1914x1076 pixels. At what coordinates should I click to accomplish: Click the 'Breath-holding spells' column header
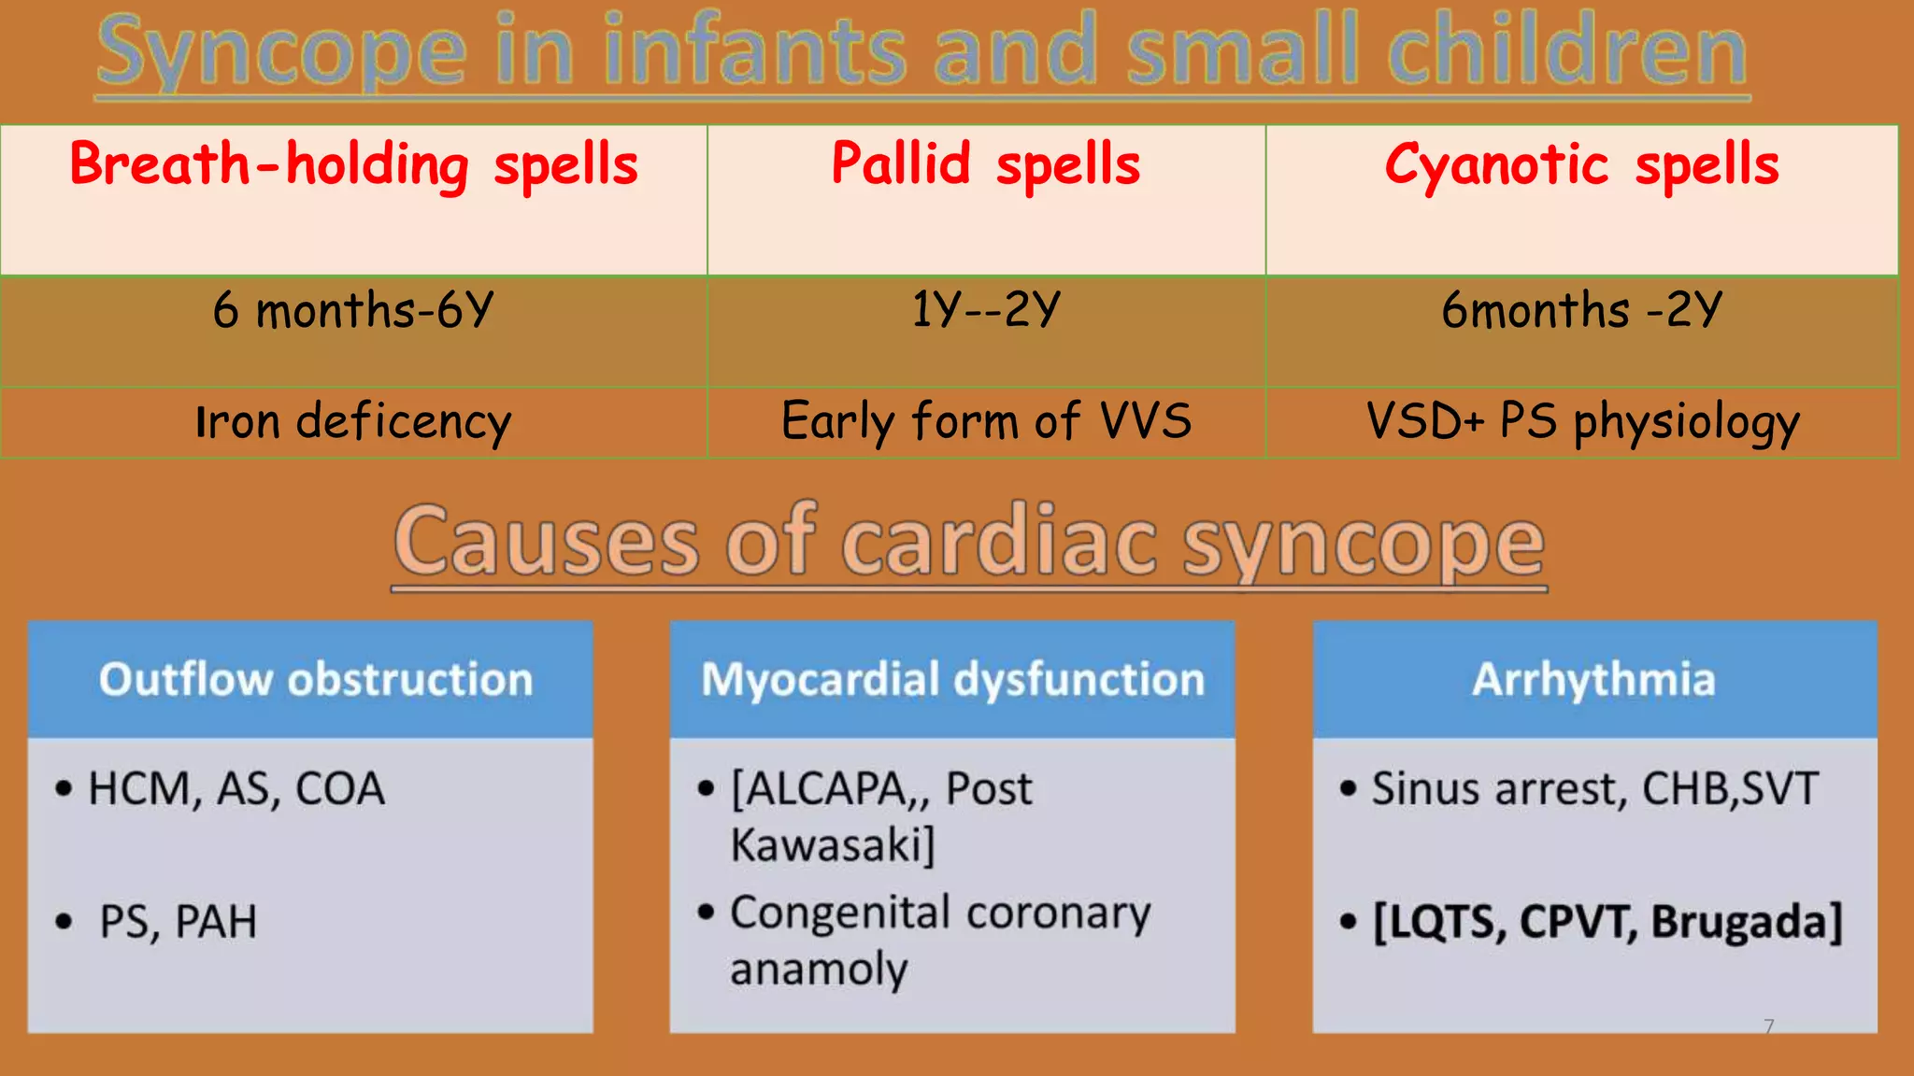point(353,165)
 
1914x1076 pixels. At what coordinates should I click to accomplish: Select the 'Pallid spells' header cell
point(986,165)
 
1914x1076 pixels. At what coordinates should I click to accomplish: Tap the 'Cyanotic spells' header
point(1581,165)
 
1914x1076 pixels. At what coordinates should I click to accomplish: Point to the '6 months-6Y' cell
point(353,310)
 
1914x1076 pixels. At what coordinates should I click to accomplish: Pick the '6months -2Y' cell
point(1581,310)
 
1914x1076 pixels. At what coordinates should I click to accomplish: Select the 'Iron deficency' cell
point(353,421)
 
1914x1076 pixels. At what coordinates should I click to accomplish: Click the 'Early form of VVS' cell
point(986,421)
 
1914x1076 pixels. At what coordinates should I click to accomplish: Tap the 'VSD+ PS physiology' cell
point(1581,421)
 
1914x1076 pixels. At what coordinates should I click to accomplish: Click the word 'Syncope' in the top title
point(281,53)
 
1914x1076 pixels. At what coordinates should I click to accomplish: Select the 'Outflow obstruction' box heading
point(316,679)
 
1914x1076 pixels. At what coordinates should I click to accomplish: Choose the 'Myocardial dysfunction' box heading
point(952,679)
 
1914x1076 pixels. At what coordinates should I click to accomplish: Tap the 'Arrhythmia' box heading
point(1593,679)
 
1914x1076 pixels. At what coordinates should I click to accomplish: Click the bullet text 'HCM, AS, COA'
point(236,789)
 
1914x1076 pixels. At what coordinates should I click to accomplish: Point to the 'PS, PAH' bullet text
point(178,922)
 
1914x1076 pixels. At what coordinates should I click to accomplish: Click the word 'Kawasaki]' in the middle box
point(832,845)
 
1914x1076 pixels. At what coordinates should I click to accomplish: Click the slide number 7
point(1768,1026)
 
